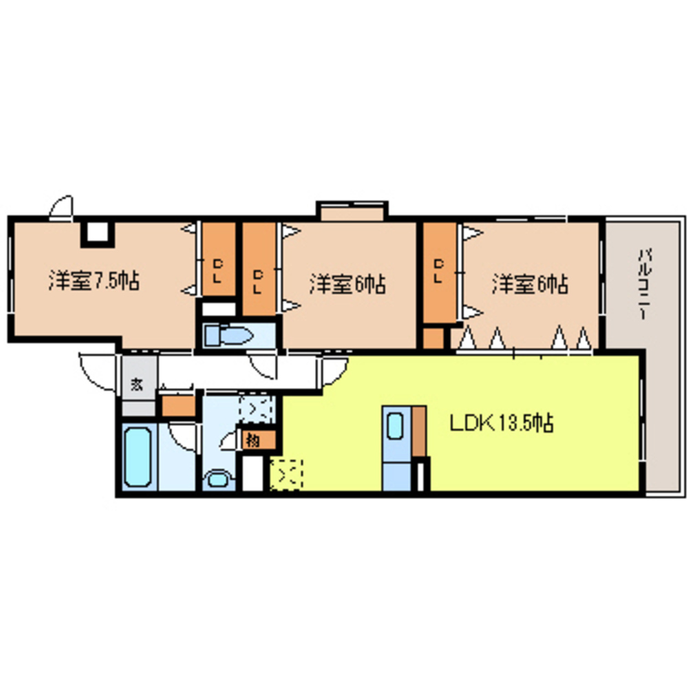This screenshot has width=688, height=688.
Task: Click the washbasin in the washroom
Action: (x=219, y=477)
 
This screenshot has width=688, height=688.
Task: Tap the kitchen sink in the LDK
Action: (x=396, y=427)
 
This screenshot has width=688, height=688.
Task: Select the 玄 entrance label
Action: (x=138, y=384)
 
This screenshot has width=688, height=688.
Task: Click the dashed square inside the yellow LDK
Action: (x=286, y=474)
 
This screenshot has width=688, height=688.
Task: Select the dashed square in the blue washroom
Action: (x=255, y=409)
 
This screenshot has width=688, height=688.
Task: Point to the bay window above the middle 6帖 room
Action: (x=351, y=210)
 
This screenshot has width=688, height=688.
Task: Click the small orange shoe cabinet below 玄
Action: (x=178, y=405)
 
